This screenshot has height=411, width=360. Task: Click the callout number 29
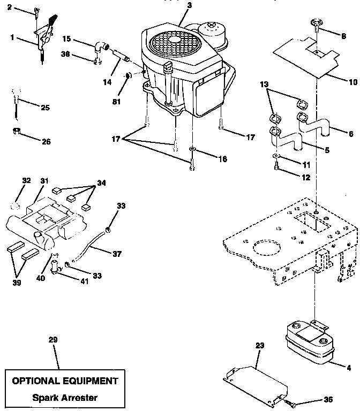(x=52, y=340)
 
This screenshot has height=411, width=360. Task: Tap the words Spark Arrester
(x=65, y=397)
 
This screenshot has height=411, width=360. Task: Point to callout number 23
(x=260, y=346)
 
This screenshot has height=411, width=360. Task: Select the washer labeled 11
(x=275, y=156)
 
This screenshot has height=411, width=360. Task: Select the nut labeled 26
(x=16, y=131)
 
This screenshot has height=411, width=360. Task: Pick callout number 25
(x=45, y=108)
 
